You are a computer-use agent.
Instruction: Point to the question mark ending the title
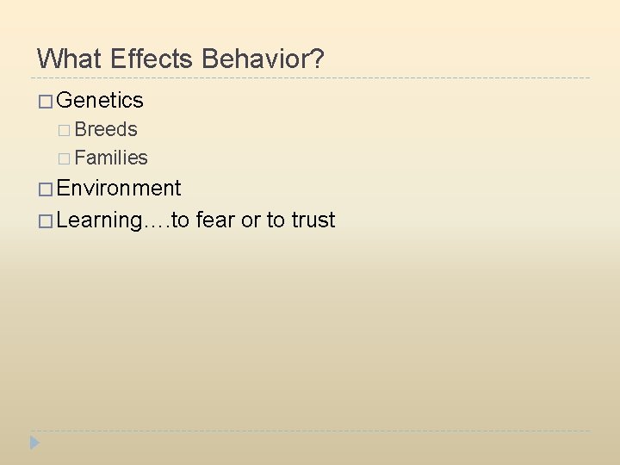coord(318,59)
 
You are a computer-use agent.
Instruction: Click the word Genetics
coord(100,101)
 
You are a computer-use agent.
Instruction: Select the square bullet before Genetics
coord(45,102)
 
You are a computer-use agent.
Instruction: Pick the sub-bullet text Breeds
coord(106,129)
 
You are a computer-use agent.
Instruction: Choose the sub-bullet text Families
coord(111,158)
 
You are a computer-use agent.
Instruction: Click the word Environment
coord(119,189)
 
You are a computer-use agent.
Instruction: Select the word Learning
coord(98,220)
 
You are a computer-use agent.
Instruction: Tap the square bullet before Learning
coord(45,221)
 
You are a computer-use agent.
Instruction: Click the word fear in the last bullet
coord(215,220)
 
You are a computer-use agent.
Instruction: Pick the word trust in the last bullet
coord(313,220)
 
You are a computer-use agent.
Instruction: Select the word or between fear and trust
coord(251,221)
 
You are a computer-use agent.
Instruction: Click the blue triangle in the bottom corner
coord(34,443)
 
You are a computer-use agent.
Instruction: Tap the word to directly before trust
coord(276,220)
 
